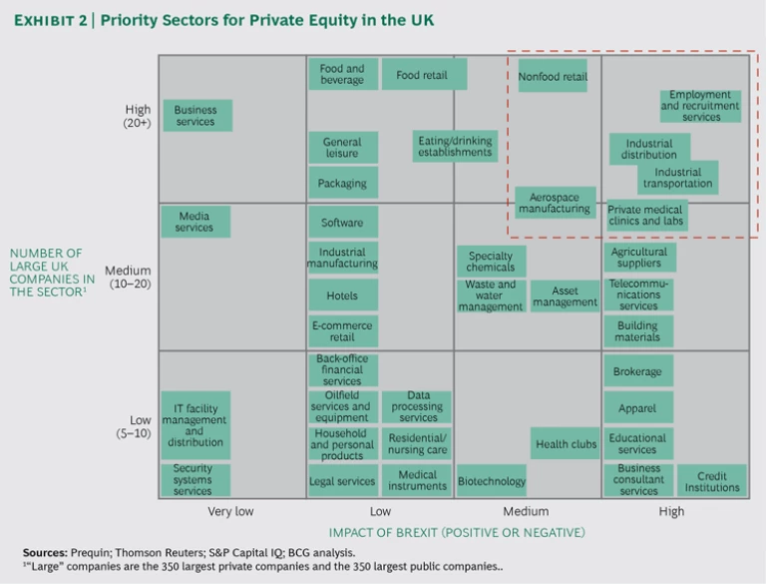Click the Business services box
coord(195,116)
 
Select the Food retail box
coord(422,75)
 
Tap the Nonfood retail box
coord(553,76)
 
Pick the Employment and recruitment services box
coord(701,106)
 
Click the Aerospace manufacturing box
coord(555,203)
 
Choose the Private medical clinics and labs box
coord(645,216)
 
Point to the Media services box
coord(194,222)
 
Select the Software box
coord(342,223)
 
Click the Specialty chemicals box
coord(491,262)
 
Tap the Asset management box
coord(565,296)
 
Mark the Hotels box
coord(342,295)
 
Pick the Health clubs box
coord(565,444)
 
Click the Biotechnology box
coord(491,481)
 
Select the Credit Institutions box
coord(712,481)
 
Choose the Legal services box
coord(342,481)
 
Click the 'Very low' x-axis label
coord(231,511)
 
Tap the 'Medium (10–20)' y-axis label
coord(128,278)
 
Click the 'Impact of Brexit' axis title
coord(457,532)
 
